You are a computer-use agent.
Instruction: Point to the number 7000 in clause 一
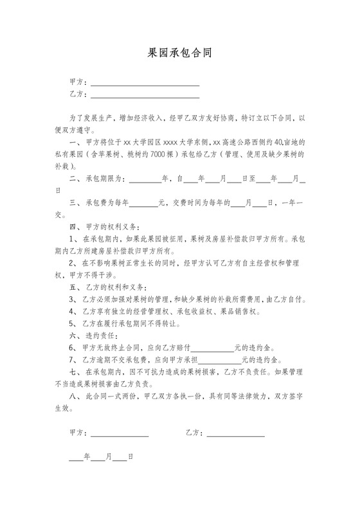click(157, 154)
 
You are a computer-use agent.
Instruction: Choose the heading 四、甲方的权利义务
click(104, 227)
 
